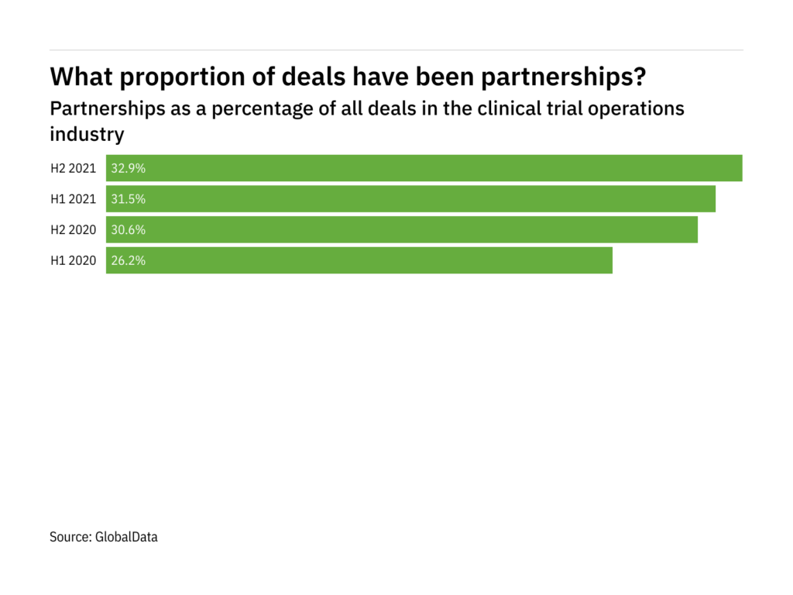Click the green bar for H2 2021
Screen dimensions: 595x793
click(424, 168)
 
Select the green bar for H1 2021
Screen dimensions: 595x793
click(410, 199)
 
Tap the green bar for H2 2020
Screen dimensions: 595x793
click(402, 230)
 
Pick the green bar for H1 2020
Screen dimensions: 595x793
click(359, 260)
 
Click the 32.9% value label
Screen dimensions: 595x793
click(129, 168)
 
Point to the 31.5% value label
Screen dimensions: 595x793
click(129, 199)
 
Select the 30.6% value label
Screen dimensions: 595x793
click(129, 230)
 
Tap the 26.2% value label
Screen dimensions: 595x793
click(129, 260)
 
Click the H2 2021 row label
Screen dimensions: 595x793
click(74, 168)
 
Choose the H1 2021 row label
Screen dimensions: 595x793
click(74, 199)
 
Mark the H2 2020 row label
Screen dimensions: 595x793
click(74, 230)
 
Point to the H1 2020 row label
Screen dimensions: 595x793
click(74, 260)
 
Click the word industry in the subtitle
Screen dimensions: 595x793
click(87, 133)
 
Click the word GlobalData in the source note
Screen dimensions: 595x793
click(126, 536)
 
